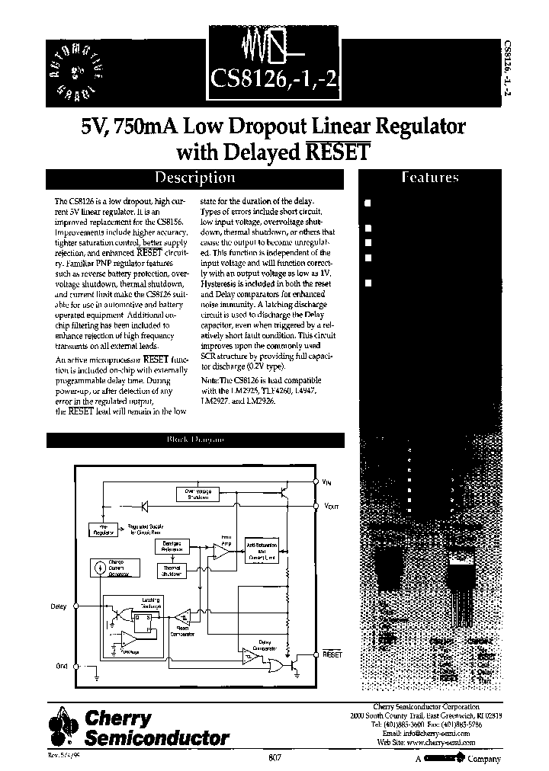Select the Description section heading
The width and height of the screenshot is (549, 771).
(x=195, y=178)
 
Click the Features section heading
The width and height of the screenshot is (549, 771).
(x=430, y=178)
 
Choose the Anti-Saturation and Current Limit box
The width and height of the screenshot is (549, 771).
(x=265, y=551)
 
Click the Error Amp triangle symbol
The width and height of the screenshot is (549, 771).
(x=220, y=555)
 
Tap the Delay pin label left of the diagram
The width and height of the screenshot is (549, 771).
(x=59, y=607)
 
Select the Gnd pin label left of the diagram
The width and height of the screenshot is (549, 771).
(x=62, y=666)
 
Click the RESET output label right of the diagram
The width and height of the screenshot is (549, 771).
(x=332, y=654)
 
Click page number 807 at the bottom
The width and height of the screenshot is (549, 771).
(x=274, y=757)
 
